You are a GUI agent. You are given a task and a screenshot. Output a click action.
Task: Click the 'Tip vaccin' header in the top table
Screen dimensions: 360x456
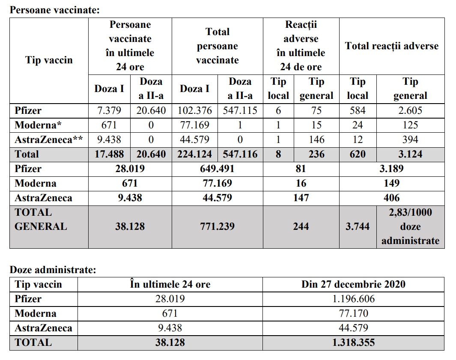click(49, 60)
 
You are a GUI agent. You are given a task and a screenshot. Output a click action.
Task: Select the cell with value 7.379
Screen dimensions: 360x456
click(109, 110)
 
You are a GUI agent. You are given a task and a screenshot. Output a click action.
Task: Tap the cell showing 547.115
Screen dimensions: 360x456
click(240, 110)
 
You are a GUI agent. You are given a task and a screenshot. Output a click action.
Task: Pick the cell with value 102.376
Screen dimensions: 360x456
click(195, 110)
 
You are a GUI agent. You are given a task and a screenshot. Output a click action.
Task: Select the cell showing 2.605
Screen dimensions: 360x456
click(410, 110)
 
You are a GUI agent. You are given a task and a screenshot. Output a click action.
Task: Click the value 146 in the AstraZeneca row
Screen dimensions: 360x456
click(316, 140)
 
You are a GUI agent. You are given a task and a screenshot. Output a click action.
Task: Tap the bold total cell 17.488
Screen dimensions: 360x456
click(109, 154)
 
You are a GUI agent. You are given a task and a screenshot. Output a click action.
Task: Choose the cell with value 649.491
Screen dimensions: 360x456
click(217, 169)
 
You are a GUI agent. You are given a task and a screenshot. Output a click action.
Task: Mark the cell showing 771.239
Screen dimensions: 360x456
click(217, 226)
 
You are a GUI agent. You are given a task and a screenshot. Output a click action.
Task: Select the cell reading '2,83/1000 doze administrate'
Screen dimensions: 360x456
click(410, 226)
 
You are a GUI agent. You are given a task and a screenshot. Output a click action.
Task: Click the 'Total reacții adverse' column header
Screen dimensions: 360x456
click(391, 46)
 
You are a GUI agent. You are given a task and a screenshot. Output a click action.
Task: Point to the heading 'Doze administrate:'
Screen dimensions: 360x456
click(53, 270)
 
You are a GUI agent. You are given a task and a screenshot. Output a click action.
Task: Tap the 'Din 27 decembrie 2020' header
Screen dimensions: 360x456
click(353, 284)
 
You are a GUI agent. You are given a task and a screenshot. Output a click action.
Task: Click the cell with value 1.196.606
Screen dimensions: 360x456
click(353, 299)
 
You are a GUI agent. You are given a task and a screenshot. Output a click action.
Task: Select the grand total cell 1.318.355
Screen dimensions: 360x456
click(353, 342)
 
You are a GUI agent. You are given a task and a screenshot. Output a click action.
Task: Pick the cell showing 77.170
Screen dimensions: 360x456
click(353, 313)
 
